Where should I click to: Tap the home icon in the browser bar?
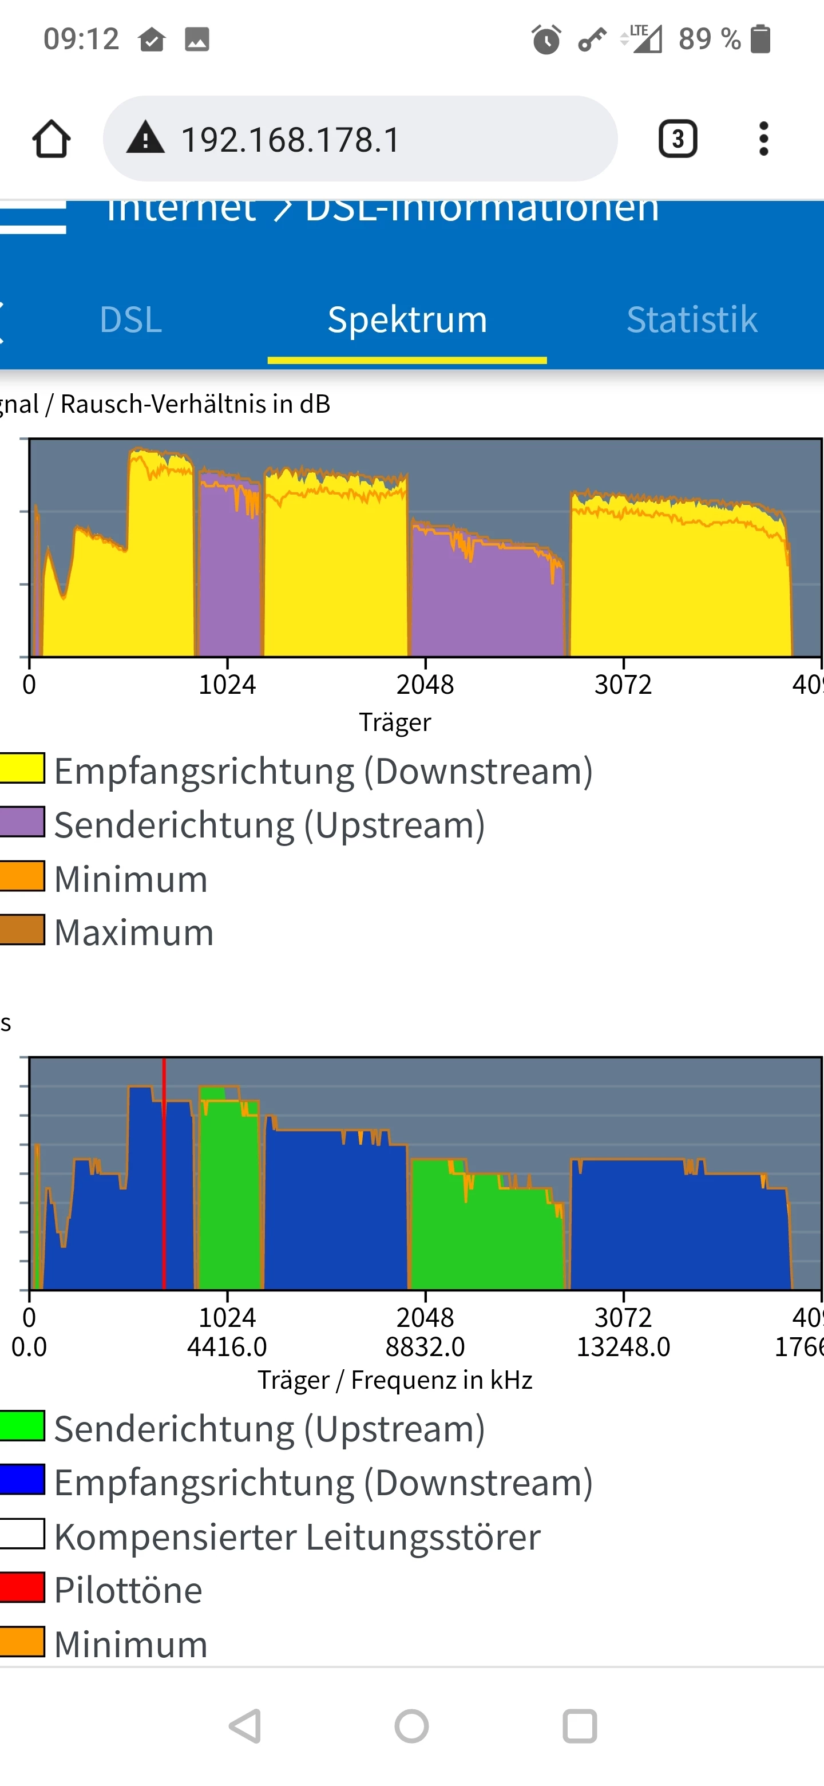(x=51, y=139)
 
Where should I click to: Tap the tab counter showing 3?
(x=677, y=139)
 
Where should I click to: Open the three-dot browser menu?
(x=763, y=139)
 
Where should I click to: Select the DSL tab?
(x=130, y=319)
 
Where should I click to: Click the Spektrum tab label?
(x=407, y=319)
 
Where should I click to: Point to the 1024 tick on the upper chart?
(x=227, y=684)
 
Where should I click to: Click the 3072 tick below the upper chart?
(x=623, y=684)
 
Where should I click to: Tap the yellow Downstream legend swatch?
(x=22, y=768)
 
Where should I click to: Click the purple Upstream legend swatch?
(x=22, y=822)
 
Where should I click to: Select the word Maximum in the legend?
(x=134, y=932)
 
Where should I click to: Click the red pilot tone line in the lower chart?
(x=164, y=1179)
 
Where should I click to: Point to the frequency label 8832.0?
(x=425, y=1347)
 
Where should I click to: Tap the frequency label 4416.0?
(x=227, y=1347)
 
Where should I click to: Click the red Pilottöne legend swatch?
(x=22, y=1589)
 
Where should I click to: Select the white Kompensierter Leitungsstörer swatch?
(x=22, y=1534)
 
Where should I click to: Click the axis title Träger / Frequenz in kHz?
(x=395, y=1380)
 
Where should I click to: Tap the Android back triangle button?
(x=246, y=1726)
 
